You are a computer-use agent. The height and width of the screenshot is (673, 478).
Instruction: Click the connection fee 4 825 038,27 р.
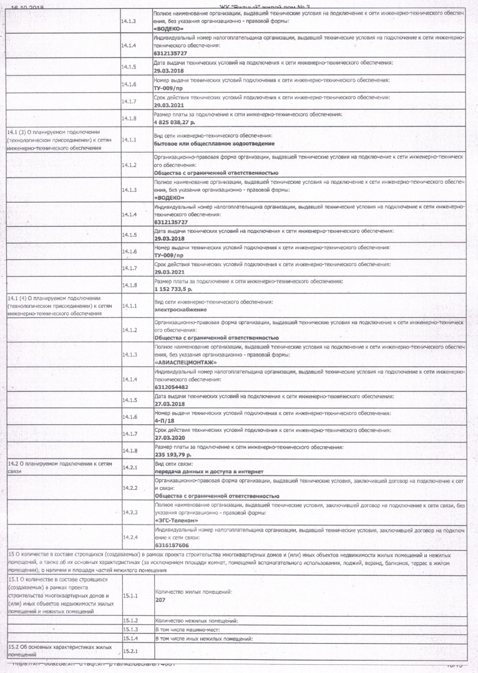click(x=175, y=123)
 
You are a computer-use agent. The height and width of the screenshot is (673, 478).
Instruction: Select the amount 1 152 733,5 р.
click(x=173, y=290)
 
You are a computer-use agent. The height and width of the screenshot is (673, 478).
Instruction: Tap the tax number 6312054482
click(x=171, y=386)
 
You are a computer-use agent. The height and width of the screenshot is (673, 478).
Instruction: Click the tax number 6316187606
click(x=171, y=544)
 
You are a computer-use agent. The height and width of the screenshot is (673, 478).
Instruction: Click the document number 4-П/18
click(x=163, y=421)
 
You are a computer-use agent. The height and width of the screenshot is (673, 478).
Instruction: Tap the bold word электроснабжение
click(x=181, y=310)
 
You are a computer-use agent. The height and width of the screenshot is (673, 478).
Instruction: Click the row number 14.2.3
click(x=130, y=512)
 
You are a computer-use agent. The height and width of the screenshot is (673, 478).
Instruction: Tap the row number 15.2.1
click(x=130, y=651)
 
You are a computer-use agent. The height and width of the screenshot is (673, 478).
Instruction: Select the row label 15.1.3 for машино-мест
click(x=130, y=630)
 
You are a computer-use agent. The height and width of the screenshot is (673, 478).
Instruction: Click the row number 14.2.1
click(x=130, y=467)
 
